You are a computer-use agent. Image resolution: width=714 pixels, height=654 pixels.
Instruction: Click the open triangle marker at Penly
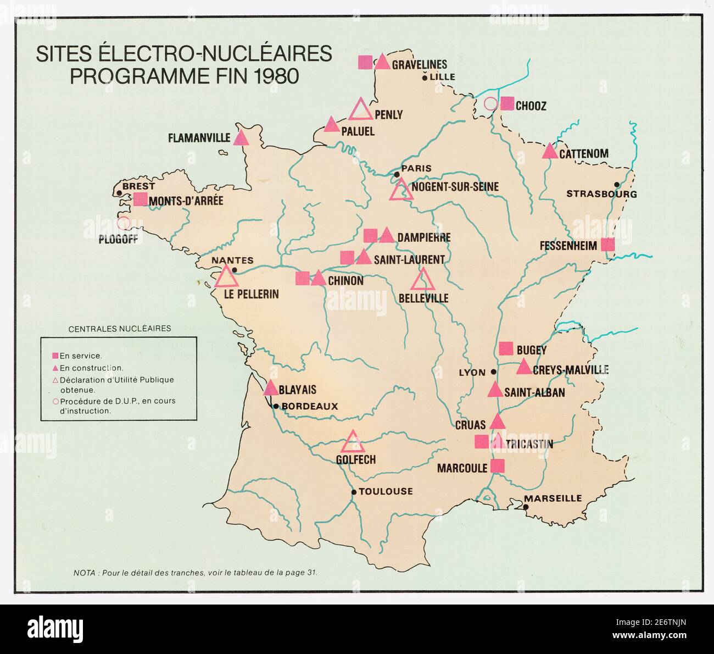coord(361,110)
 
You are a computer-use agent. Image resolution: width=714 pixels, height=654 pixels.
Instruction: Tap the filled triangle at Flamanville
coord(241,138)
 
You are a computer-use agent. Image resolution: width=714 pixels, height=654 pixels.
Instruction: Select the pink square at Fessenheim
coord(607,245)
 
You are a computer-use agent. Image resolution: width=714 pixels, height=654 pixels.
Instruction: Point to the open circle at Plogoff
coord(124,223)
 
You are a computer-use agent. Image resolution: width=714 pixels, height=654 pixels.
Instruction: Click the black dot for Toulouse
coord(354,492)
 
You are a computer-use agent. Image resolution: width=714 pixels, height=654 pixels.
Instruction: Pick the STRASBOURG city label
coord(601,194)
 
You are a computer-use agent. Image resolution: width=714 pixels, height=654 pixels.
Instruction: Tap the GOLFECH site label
coord(355,459)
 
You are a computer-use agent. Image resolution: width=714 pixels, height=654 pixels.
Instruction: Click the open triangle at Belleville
coord(423,280)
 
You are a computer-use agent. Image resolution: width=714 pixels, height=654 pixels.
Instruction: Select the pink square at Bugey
coord(506,348)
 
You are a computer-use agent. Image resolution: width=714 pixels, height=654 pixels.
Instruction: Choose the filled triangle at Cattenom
coord(550,152)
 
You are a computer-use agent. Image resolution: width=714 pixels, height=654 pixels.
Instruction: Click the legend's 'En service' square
coord(55,356)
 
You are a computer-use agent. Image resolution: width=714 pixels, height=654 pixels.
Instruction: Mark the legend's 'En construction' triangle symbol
coord(55,368)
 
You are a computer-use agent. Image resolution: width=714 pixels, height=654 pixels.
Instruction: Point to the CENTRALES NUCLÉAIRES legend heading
coord(119,329)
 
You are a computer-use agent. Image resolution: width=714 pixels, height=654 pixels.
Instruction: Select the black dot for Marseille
coord(526,507)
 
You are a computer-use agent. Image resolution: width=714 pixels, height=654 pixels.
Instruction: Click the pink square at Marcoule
coord(497,466)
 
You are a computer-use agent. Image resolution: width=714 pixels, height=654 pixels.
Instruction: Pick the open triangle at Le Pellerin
coord(226,277)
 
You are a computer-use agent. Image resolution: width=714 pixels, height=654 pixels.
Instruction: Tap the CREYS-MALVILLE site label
coord(570,370)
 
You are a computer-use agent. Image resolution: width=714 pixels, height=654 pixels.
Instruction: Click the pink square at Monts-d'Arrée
coord(141,199)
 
